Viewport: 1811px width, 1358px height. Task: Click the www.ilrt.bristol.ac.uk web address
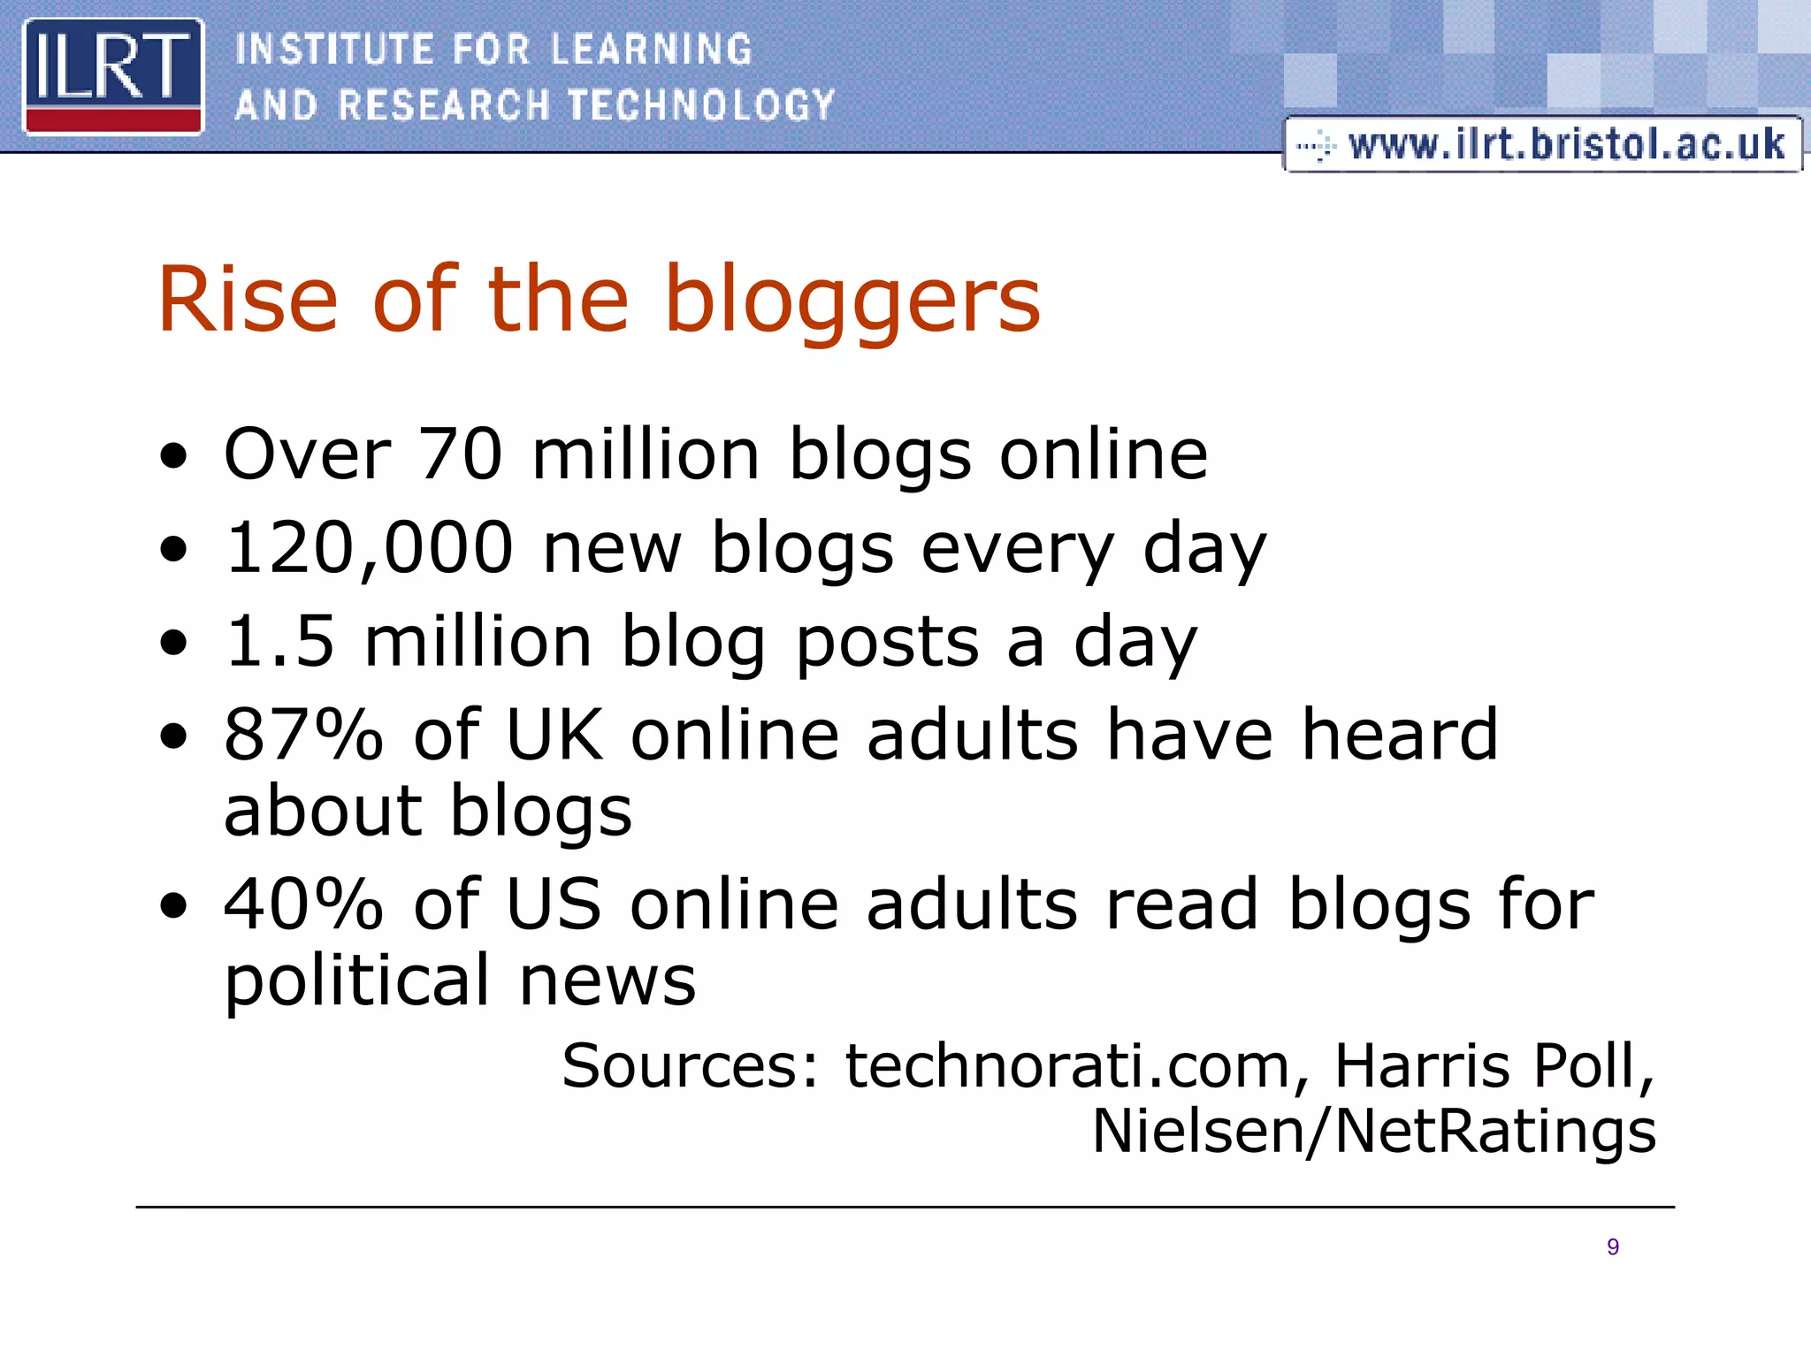(x=1566, y=144)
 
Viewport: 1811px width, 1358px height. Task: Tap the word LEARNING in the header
(x=651, y=50)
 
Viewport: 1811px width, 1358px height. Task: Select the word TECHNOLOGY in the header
(x=701, y=105)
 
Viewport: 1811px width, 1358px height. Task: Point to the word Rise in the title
(x=248, y=301)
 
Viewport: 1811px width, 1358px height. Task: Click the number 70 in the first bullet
(x=460, y=454)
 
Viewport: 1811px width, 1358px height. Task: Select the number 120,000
(x=369, y=547)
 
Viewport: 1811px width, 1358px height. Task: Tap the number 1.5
(x=280, y=641)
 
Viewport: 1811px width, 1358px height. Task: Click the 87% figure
(x=303, y=735)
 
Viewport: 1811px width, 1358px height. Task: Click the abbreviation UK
(x=554, y=735)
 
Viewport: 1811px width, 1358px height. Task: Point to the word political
(x=356, y=981)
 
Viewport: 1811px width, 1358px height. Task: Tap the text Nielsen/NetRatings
(x=1373, y=1132)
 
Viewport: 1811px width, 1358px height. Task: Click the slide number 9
(x=1613, y=1247)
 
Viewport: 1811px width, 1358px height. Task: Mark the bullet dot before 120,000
(x=175, y=549)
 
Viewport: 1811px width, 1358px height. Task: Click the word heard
(x=1400, y=735)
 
